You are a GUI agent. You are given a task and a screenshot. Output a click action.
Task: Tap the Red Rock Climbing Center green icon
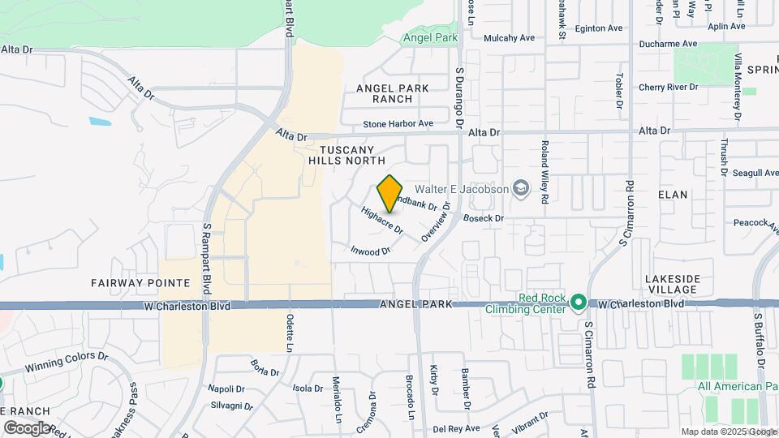point(578,303)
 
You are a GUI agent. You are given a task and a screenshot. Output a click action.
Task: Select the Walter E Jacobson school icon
point(520,189)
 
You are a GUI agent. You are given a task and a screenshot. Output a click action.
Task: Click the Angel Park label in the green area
point(431,37)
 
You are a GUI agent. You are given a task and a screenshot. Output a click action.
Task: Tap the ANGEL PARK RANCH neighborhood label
point(392,93)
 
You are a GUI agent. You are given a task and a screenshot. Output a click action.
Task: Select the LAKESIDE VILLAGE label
point(672,284)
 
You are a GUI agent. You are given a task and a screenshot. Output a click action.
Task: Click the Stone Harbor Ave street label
point(398,123)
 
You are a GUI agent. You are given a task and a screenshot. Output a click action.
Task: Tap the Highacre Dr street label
point(382,220)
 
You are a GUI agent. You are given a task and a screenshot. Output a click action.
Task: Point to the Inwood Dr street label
point(371,251)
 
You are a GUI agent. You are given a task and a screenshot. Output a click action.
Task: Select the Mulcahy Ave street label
point(510,37)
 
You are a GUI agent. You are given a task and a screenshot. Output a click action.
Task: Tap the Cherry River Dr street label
point(669,87)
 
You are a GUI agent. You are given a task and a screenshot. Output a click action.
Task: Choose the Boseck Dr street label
point(484,217)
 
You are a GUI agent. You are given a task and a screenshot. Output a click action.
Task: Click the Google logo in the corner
point(27,427)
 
